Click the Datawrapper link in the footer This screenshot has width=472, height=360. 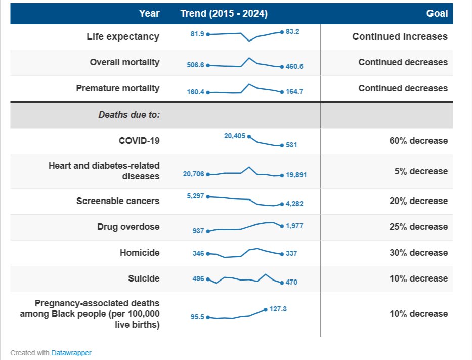(x=71, y=353)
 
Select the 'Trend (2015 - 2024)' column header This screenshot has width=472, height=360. (x=224, y=14)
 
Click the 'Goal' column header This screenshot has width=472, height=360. (x=437, y=14)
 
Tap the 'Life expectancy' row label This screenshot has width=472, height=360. (x=123, y=36)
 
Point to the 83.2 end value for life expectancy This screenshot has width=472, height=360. (x=292, y=31)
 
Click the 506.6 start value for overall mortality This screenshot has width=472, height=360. (x=195, y=65)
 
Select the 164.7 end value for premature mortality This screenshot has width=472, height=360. (x=294, y=92)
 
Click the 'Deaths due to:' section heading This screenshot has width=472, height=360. (x=129, y=115)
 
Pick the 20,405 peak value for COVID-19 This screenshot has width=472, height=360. (x=235, y=136)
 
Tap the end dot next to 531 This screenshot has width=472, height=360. (x=282, y=145)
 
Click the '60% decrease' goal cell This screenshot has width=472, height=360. (x=418, y=141)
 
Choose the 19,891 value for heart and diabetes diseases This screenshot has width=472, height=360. (x=296, y=175)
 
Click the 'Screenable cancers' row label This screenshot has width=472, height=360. (x=118, y=201)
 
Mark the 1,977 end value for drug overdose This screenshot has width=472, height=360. (x=294, y=226)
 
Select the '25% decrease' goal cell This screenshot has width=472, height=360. (x=418, y=227)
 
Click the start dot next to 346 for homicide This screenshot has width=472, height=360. (x=208, y=253)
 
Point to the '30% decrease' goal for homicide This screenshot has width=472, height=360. (x=418, y=253)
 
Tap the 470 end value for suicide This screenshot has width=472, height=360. (x=291, y=283)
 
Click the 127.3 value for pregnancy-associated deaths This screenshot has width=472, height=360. (x=278, y=309)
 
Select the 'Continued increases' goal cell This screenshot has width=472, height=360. (x=400, y=36)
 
